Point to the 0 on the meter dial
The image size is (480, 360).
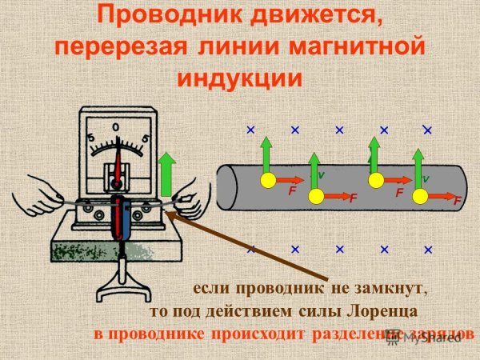coord(116,127)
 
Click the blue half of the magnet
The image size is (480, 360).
coord(126,220)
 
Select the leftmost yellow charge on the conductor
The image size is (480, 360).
coord(267,179)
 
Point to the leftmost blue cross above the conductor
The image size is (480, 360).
coord(250,129)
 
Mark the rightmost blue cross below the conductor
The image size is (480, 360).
coord(428,250)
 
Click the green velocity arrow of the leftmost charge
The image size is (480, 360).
coord(267,156)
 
